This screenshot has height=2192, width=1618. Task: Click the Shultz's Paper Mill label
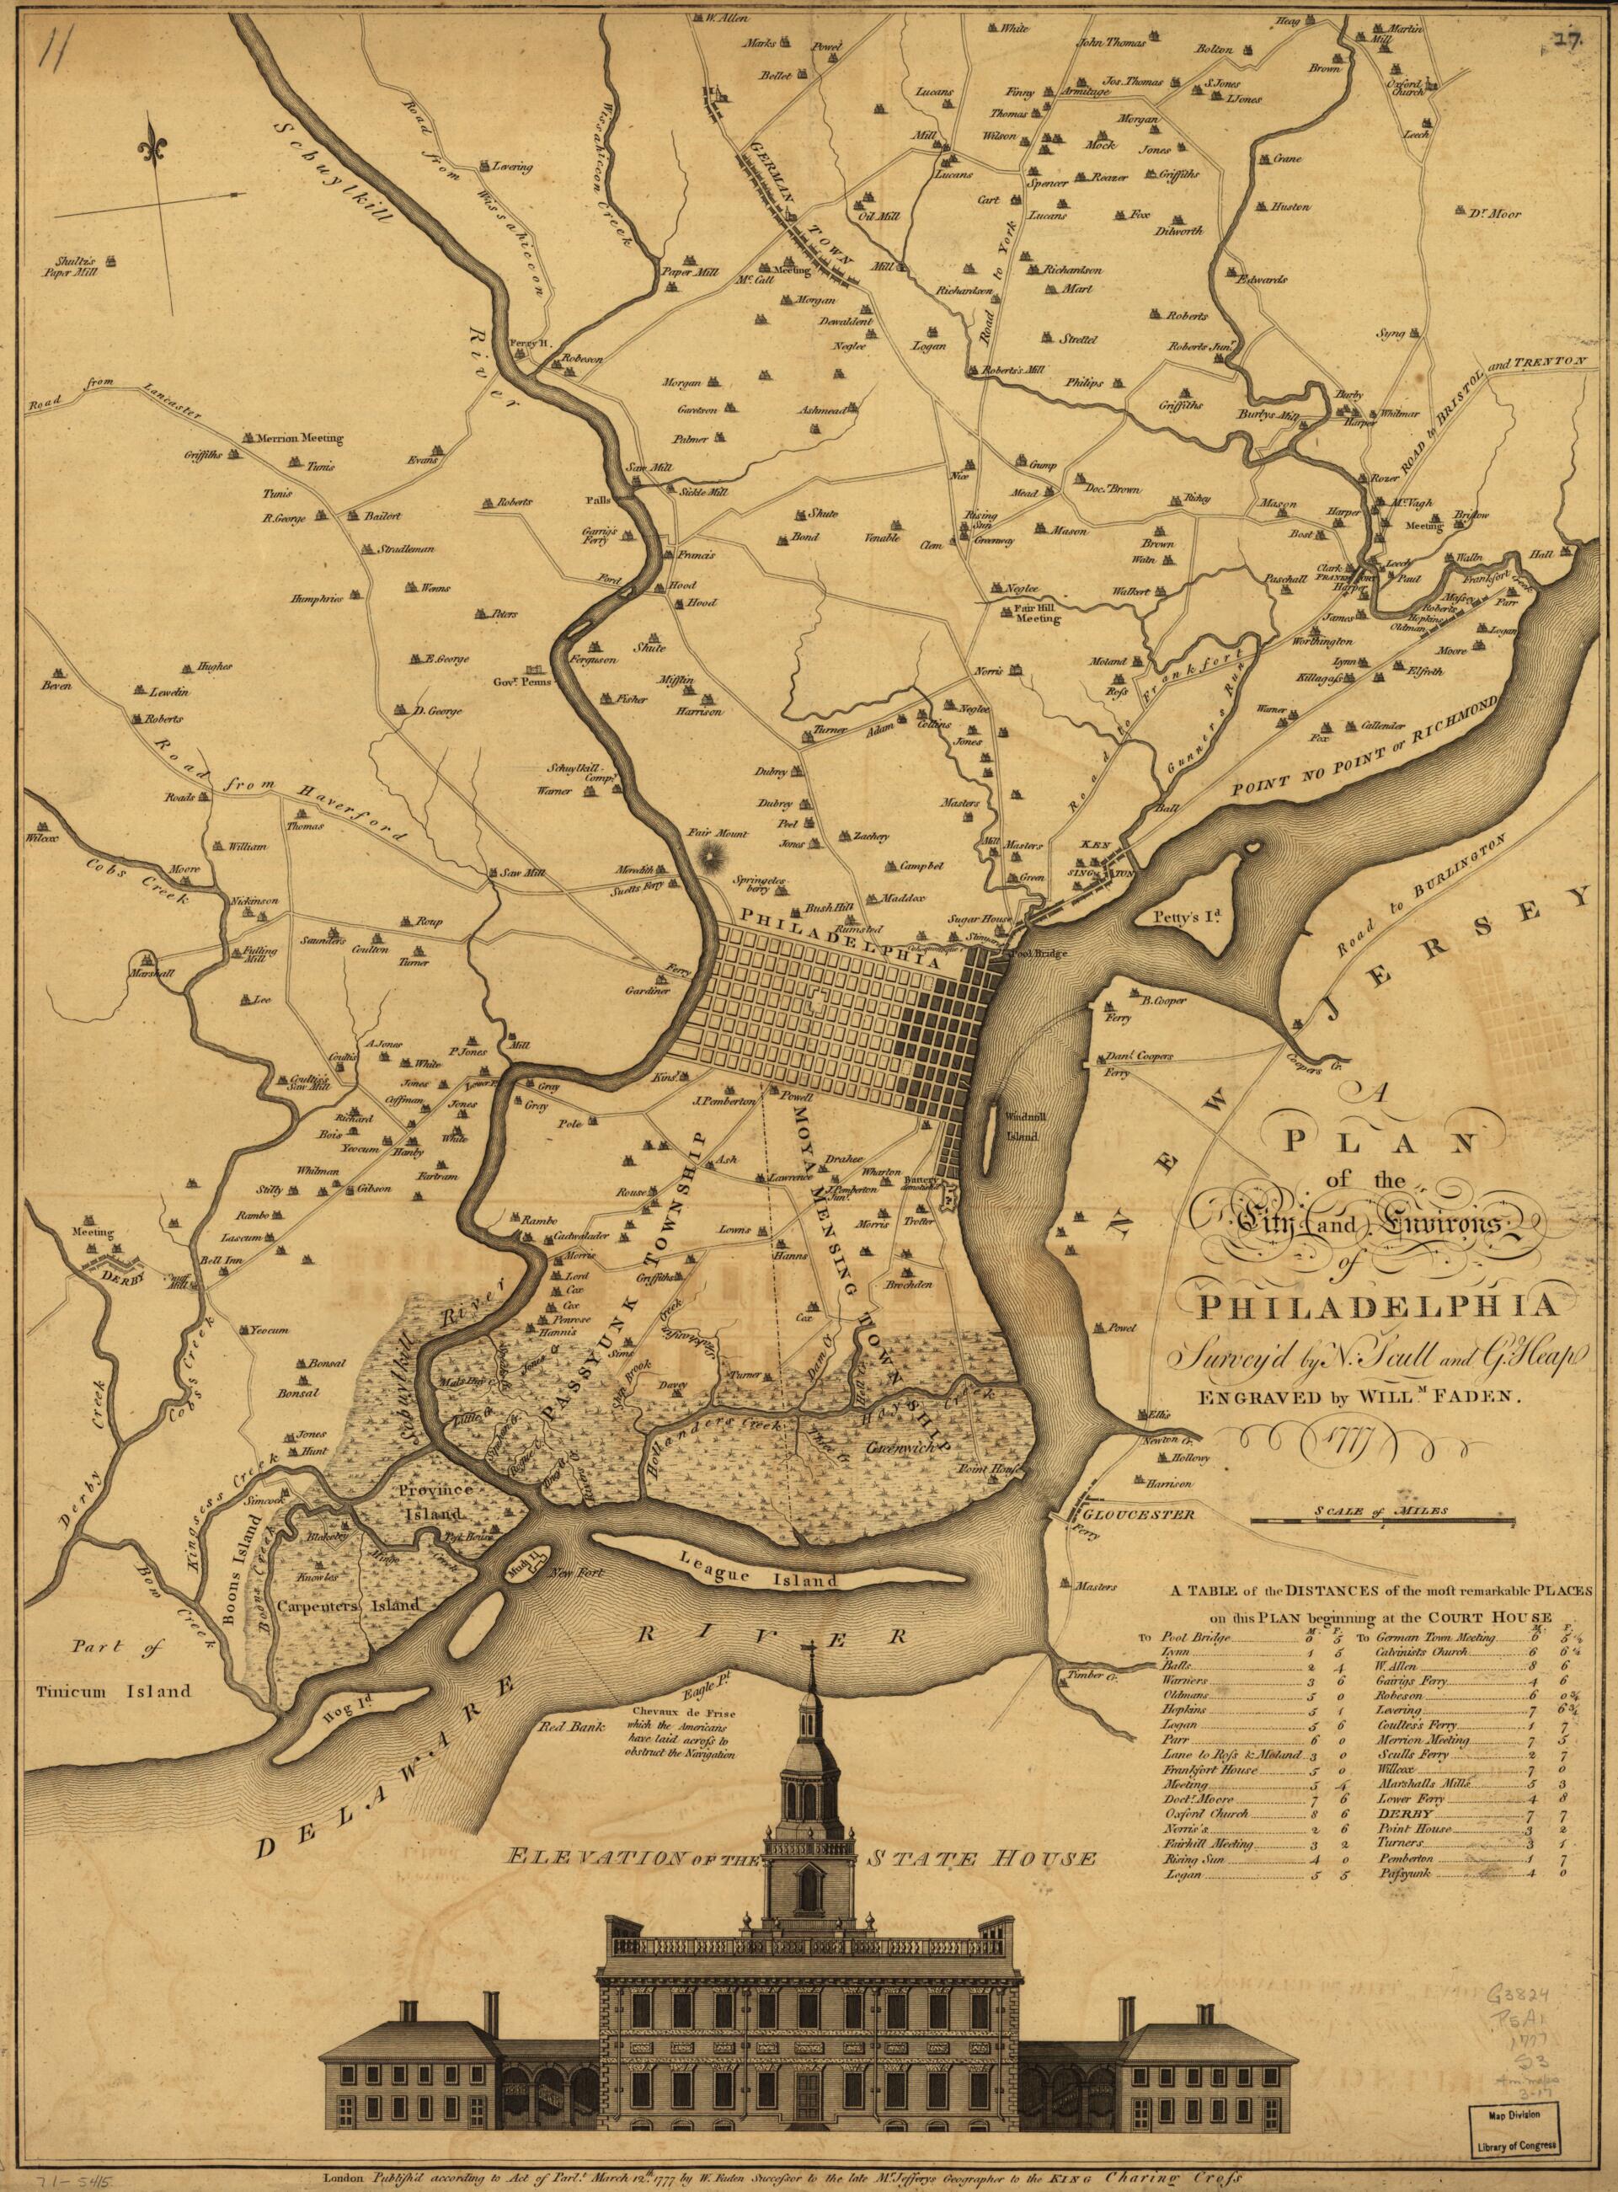click(72, 266)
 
